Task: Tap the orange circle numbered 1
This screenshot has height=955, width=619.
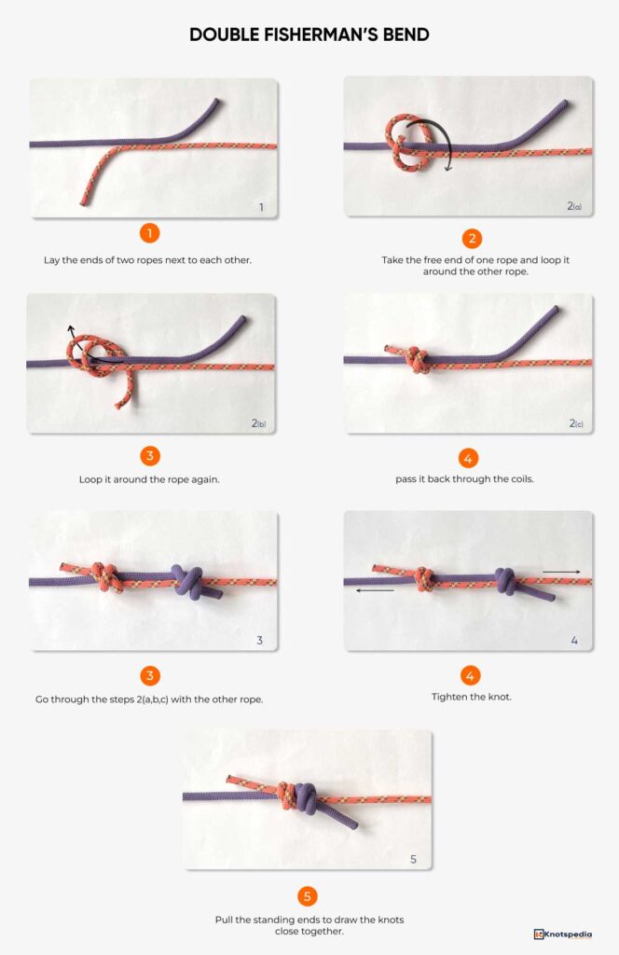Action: point(150,233)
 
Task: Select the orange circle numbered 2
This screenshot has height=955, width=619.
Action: point(470,237)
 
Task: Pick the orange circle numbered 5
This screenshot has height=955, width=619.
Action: point(308,897)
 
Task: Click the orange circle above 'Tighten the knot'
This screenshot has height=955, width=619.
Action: point(470,674)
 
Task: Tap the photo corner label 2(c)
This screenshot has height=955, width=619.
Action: point(574,423)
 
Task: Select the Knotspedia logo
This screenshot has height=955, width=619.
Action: point(563,934)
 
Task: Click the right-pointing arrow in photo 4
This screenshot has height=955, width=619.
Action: point(560,571)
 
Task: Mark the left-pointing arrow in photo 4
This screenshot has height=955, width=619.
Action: point(375,589)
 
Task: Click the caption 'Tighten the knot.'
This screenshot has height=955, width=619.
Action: point(470,697)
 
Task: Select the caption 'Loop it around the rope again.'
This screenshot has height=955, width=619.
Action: point(150,479)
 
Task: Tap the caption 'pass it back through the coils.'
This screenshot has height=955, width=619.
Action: point(470,479)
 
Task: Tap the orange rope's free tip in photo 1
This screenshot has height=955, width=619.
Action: point(85,201)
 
